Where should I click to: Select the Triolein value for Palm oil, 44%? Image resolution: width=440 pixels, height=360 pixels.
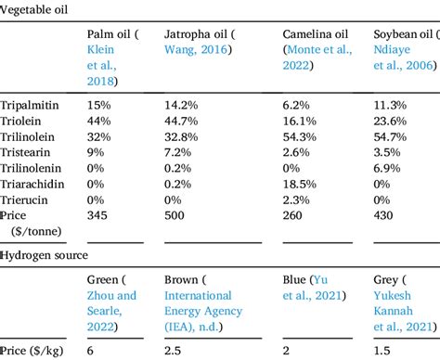tap(98, 122)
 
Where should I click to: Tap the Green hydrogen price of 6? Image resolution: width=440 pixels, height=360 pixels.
tap(90, 349)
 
